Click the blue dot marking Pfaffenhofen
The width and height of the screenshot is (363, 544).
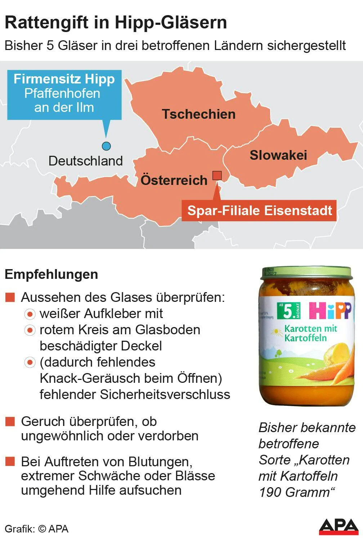[x=106, y=146]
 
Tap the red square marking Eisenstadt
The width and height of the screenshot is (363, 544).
[x=217, y=175]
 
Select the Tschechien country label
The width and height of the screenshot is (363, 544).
[x=199, y=114]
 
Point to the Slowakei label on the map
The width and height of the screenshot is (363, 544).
[x=278, y=155]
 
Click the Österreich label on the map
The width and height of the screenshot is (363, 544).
[x=174, y=180]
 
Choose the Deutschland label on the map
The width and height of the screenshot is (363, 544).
[x=86, y=161]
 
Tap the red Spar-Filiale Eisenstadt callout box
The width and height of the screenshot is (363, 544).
[x=259, y=210]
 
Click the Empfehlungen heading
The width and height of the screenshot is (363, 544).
[x=51, y=275]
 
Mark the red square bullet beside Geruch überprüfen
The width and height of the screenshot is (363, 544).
[x=10, y=421]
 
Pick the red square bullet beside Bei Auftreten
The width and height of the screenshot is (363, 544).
[x=10, y=462]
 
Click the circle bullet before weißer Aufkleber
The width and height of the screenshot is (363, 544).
[x=30, y=314]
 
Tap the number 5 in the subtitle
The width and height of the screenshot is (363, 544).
[x=50, y=46]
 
